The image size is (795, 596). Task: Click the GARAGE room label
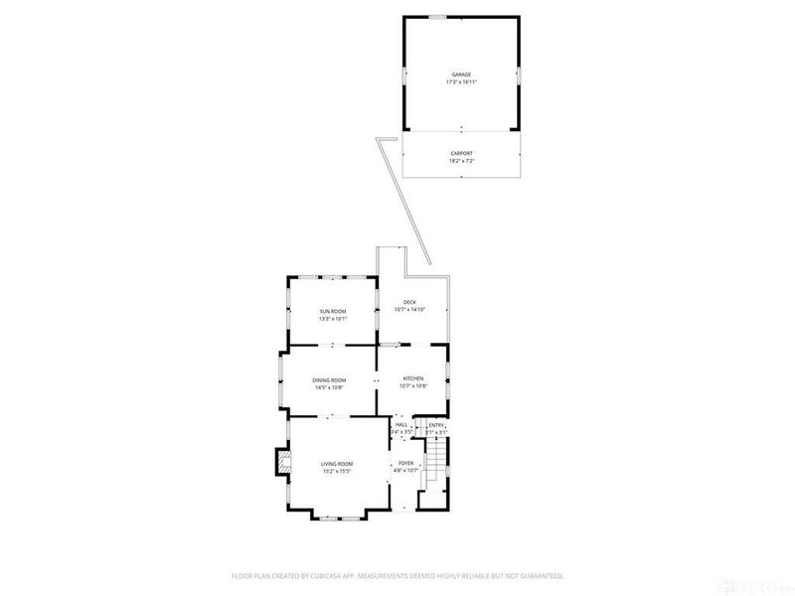(x=461, y=74)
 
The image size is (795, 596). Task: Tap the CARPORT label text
(x=461, y=153)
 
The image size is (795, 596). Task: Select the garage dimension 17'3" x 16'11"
(x=461, y=82)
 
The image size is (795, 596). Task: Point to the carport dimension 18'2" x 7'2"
(x=461, y=161)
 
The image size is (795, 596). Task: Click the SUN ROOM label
(x=332, y=311)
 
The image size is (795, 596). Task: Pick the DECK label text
(x=408, y=302)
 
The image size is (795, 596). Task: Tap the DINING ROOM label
(x=329, y=379)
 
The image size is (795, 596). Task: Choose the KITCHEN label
(x=413, y=379)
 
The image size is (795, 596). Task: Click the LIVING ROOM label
(x=336, y=464)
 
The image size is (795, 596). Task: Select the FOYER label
(x=405, y=463)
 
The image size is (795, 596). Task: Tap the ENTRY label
(x=436, y=425)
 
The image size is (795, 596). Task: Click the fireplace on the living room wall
(x=283, y=462)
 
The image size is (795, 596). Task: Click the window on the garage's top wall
(x=437, y=16)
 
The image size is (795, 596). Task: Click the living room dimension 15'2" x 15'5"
(x=336, y=472)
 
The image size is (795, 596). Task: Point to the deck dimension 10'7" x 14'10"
(x=408, y=310)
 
